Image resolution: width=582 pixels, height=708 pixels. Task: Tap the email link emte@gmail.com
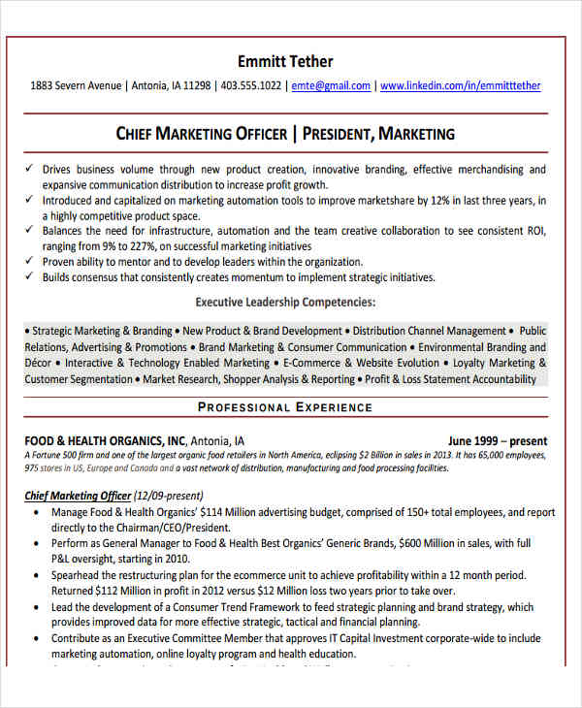[331, 85]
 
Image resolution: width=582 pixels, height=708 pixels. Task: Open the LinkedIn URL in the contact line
[461, 85]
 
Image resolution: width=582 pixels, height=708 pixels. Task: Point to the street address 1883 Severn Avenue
[77, 85]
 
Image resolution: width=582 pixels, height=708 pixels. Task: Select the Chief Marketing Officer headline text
[202, 133]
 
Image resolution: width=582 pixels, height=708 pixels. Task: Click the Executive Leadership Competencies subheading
[285, 302]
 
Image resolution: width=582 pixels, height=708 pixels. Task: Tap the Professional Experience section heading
[285, 407]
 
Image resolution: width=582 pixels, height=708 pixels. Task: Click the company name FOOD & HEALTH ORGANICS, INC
[105, 440]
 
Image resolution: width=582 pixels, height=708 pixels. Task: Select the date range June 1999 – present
[498, 440]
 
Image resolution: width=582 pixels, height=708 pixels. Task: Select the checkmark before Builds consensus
[30, 277]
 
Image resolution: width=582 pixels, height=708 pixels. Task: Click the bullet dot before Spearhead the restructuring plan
[35, 574]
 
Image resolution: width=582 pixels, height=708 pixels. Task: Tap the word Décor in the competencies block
[40, 364]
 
